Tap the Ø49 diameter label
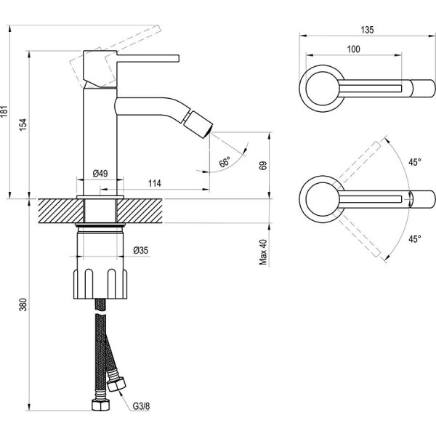pyautogui.click(x=100, y=173)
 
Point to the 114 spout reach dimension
pyautogui.click(x=154, y=183)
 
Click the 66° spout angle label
pyautogui.click(x=225, y=162)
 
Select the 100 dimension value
pyautogui.click(x=354, y=49)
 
